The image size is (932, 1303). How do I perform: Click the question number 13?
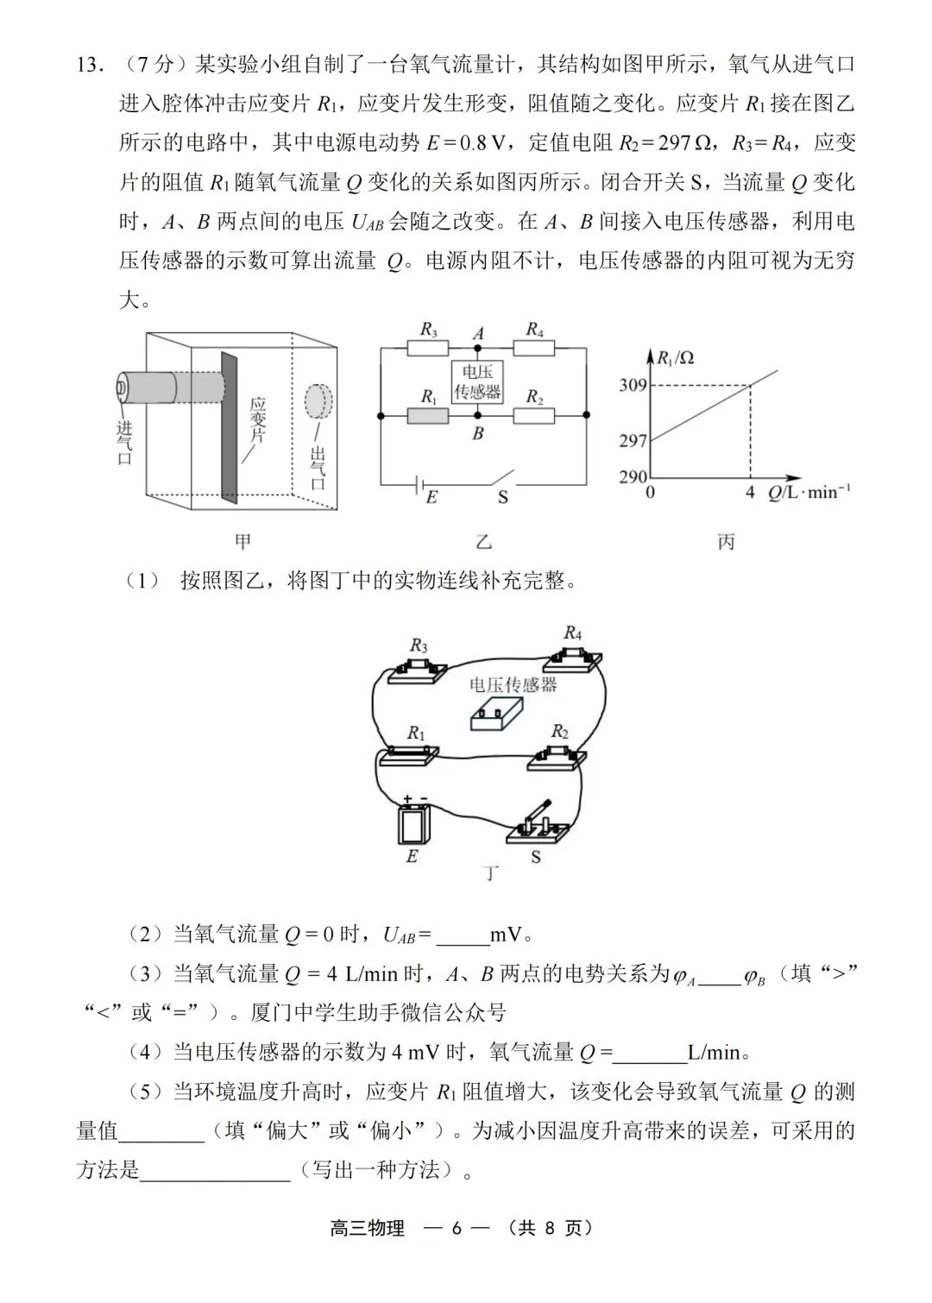click(x=89, y=65)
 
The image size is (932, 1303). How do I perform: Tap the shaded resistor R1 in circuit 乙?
click(x=428, y=415)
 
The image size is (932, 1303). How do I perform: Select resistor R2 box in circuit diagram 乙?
click(x=534, y=415)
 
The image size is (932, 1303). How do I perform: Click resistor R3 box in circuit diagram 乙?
click(x=428, y=348)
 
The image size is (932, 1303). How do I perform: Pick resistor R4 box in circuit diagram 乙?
click(x=534, y=348)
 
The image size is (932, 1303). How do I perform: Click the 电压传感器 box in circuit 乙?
click(x=477, y=381)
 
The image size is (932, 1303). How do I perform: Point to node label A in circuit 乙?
click(x=479, y=333)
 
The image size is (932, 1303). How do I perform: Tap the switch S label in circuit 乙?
click(x=502, y=497)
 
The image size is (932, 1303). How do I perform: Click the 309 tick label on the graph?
click(x=633, y=385)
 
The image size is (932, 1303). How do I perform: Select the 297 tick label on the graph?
click(x=633, y=440)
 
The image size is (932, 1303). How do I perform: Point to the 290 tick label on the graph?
click(x=633, y=476)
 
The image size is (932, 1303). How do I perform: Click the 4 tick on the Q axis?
click(x=749, y=492)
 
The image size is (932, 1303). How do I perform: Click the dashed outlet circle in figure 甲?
click(x=318, y=401)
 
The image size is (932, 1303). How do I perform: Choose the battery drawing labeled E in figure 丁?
click(x=412, y=823)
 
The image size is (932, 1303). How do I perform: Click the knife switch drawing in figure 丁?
click(x=536, y=824)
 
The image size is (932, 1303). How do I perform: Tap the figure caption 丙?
click(x=726, y=542)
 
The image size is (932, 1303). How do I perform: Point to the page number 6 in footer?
click(x=457, y=1229)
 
